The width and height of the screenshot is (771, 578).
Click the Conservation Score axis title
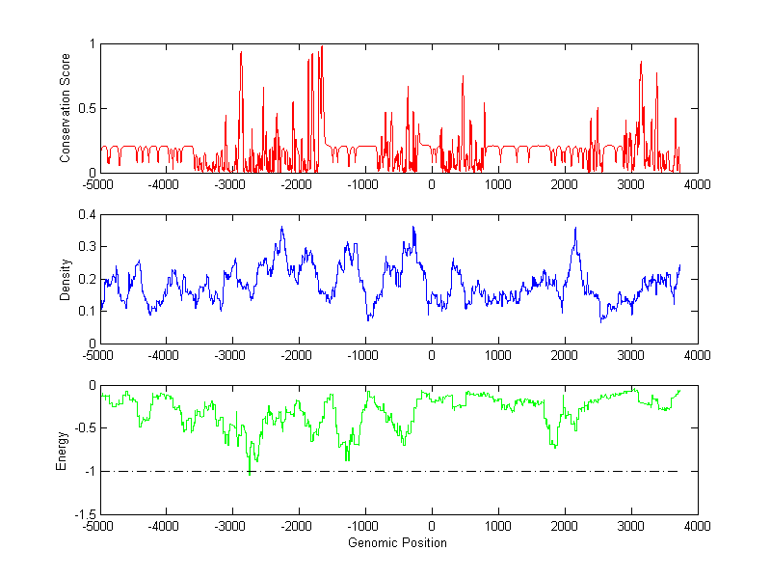click(65, 108)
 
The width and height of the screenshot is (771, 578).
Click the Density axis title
click(65, 280)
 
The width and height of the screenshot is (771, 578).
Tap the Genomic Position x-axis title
click(398, 543)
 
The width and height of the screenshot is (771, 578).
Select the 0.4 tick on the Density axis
click(87, 215)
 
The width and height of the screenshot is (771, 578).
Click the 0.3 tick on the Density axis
click(87, 247)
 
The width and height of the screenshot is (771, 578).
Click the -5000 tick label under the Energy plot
click(97, 526)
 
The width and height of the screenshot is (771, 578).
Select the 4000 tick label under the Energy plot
click(697, 526)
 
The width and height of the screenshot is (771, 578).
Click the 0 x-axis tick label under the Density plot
click(431, 355)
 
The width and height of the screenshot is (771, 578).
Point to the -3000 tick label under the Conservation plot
click(231, 183)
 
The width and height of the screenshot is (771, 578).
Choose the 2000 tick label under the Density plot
click(564, 355)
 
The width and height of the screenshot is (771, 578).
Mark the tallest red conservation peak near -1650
click(321, 47)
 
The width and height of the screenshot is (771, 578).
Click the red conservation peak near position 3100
click(641, 63)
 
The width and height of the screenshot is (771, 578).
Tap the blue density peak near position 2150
click(575, 229)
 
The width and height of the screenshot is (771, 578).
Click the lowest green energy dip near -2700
click(250, 474)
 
